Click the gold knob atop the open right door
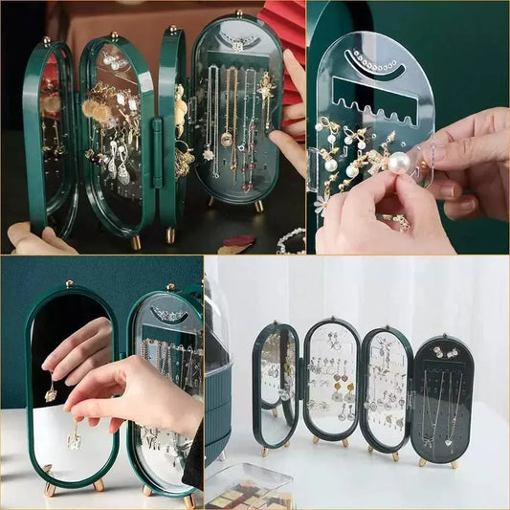click(x=237, y=13)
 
